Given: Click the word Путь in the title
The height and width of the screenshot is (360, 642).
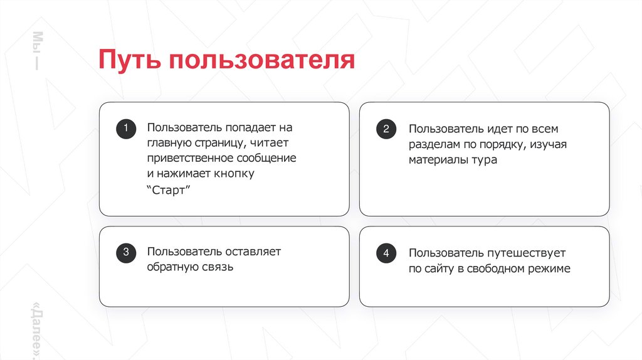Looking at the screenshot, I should click(x=128, y=61).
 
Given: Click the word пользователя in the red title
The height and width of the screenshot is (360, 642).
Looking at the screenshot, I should click(x=261, y=61).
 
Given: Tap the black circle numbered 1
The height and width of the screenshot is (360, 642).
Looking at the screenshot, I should click(x=125, y=129).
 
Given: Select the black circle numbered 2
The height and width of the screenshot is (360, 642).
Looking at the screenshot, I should click(x=386, y=130).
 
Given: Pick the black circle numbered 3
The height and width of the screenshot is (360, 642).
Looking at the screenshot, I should click(x=125, y=253).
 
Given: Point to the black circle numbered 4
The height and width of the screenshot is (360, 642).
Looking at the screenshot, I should click(x=386, y=254).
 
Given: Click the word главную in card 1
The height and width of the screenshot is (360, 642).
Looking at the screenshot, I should click(x=167, y=143).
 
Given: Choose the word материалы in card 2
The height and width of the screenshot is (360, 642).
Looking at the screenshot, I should click(x=438, y=160).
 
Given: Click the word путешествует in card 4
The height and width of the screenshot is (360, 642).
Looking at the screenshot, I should click(x=526, y=253).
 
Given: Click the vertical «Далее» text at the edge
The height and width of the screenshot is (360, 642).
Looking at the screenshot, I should click(x=36, y=330).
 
